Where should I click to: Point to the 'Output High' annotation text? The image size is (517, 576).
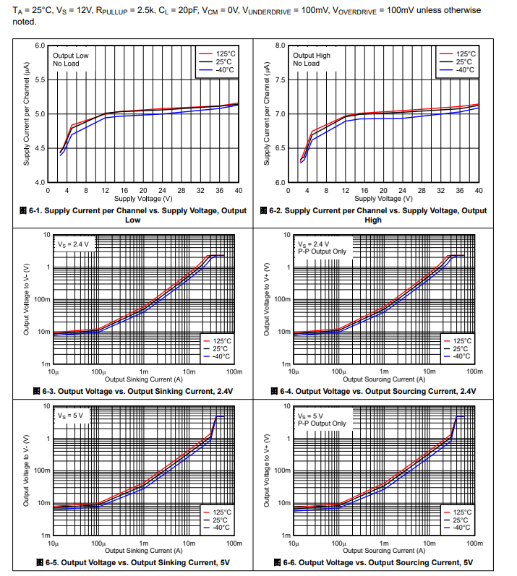point(312,55)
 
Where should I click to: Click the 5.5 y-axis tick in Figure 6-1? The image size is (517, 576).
point(40,80)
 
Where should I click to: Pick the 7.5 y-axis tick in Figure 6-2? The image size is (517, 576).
point(281,80)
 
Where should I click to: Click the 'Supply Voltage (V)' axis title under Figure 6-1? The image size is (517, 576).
point(142,198)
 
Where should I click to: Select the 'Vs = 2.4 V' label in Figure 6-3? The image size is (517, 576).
point(73,244)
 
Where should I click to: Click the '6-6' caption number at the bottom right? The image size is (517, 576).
point(290,562)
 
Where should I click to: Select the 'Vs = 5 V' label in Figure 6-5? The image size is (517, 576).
point(71,416)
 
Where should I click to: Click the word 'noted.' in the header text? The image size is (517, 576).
point(25,22)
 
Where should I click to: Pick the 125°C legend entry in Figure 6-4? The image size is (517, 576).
point(461,340)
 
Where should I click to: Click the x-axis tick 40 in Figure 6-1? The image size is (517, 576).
point(239,190)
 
